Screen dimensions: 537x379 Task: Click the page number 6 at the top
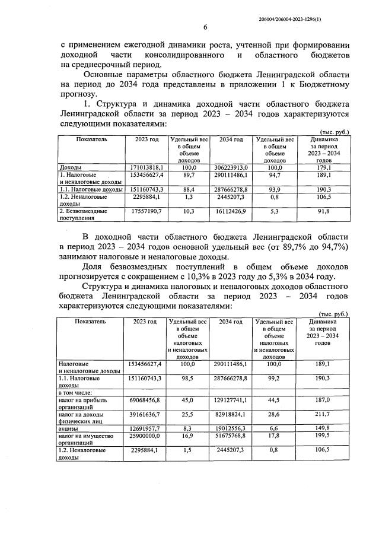[x=205, y=27]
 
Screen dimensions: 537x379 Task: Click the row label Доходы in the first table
[x=70, y=168]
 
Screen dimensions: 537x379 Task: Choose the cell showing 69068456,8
[x=144, y=400]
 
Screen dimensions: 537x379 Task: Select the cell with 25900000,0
[x=144, y=436]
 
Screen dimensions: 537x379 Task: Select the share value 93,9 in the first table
[x=275, y=189]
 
